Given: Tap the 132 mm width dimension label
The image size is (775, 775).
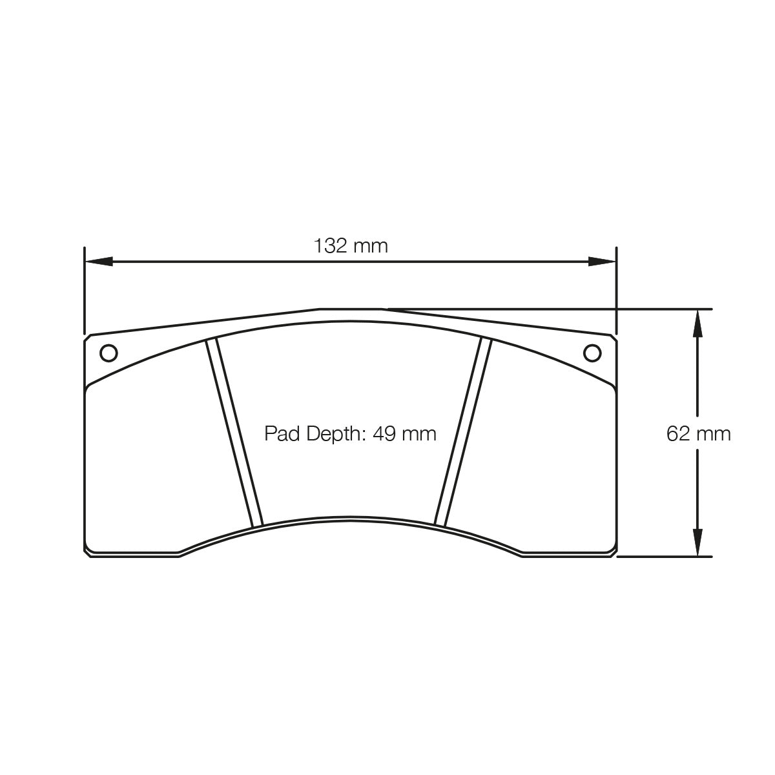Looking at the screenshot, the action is [351, 245].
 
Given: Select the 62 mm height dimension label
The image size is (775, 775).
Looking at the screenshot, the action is [698, 433].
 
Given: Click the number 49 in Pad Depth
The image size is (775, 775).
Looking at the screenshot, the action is [384, 434].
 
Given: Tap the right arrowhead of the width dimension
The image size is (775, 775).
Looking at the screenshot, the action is [602, 262].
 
